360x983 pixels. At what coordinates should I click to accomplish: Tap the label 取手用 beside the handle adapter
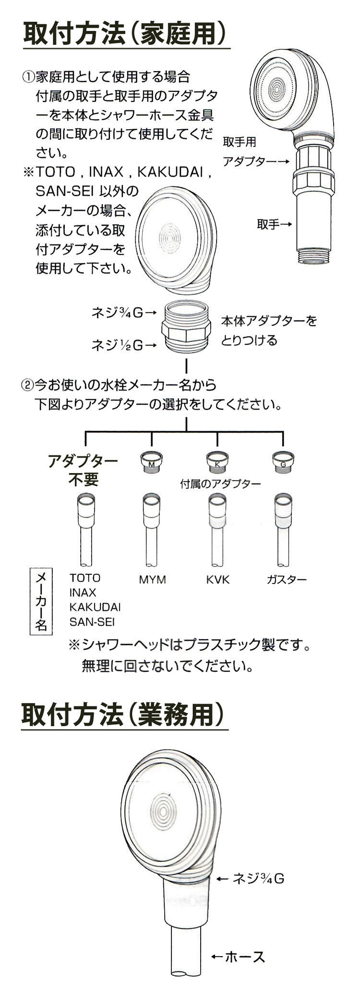tap(240, 142)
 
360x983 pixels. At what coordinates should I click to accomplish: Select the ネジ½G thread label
tap(124, 344)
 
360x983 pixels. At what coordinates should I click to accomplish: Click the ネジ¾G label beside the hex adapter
tap(124, 313)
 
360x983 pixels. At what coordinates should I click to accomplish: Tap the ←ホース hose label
tap(238, 943)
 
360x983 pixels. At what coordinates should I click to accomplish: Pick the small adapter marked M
tap(151, 462)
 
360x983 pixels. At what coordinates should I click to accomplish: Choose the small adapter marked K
tap(217, 462)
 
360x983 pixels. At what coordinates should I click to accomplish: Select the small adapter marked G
tap(283, 462)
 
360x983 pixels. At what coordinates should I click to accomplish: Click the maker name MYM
tap(152, 580)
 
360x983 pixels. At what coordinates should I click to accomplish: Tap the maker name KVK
tap(218, 580)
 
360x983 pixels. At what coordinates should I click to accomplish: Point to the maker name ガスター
tap(287, 580)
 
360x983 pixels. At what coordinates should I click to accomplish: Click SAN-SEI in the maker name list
tap(92, 622)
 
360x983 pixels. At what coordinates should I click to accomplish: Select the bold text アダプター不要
tap(83, 470)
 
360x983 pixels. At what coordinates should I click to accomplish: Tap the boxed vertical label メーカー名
tap(41, 602)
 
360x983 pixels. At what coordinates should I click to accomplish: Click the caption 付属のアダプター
tap(220, 483)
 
